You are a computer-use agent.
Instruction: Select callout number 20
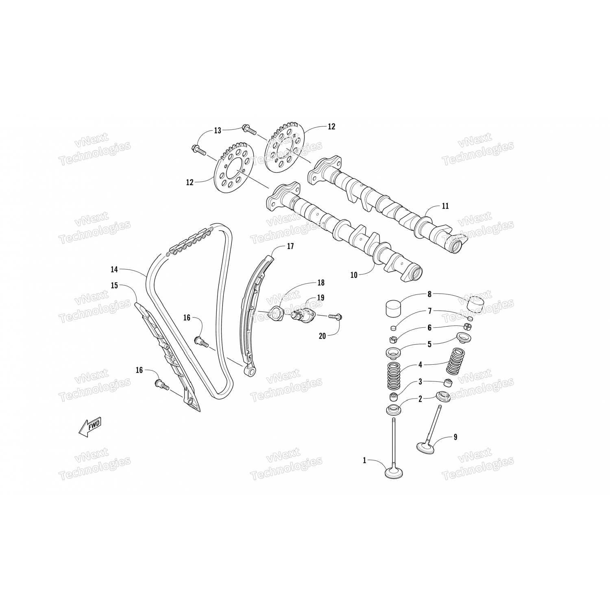[322, 336]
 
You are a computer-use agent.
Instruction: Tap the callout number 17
[290, 246]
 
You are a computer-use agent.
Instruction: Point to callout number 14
[114, 269]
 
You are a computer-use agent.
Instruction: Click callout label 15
[114, 285]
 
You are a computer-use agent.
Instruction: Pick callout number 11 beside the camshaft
[445, 206]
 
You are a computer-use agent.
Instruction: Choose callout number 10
[354, 275]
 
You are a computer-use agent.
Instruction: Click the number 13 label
[218, 131]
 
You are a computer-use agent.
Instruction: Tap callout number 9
[455, 437]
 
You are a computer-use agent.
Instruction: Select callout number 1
[365, 460]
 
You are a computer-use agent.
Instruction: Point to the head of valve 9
[426, 447]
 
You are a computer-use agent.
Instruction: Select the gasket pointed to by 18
[277, 313]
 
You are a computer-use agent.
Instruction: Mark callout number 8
[429, 294]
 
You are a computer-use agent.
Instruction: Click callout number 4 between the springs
[420, 365]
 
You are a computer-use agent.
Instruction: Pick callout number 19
[320, 298]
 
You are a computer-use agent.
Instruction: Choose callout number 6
[429, 328]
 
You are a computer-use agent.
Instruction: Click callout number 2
[420, 399]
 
